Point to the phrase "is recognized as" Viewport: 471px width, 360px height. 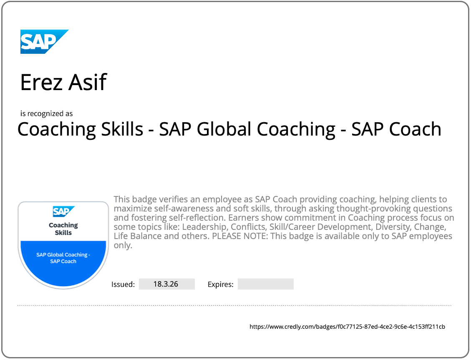point(46,113)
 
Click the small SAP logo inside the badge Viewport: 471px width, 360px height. point(63,211)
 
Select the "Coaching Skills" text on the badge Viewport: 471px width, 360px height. point(63,229)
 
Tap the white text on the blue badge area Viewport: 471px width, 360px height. point(63,258)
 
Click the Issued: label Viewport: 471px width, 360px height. point(123,284)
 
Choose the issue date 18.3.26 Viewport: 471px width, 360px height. point(166,284)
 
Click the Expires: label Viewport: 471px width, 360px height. point(220,284)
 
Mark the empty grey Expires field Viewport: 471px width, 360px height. point(265,284)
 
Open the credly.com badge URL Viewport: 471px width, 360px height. point(347,327)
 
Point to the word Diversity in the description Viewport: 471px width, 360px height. point(392,227)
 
